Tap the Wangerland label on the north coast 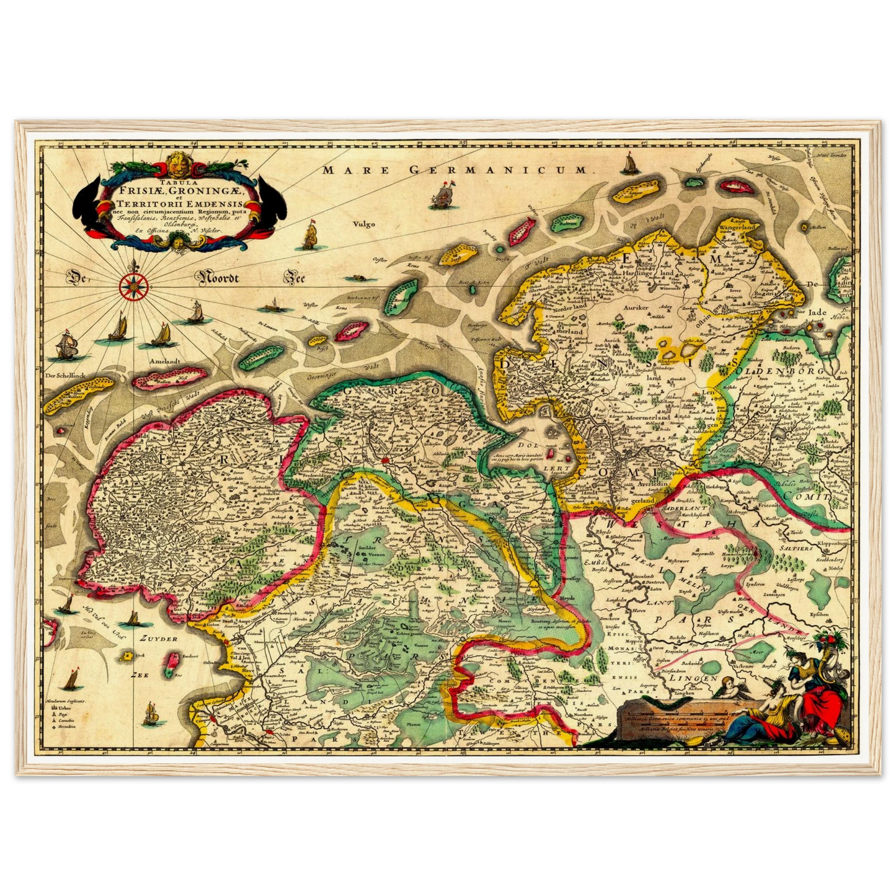(x=739, y=228)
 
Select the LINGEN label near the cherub (x=690, y=679)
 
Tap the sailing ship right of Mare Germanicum (x=630, y=165)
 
